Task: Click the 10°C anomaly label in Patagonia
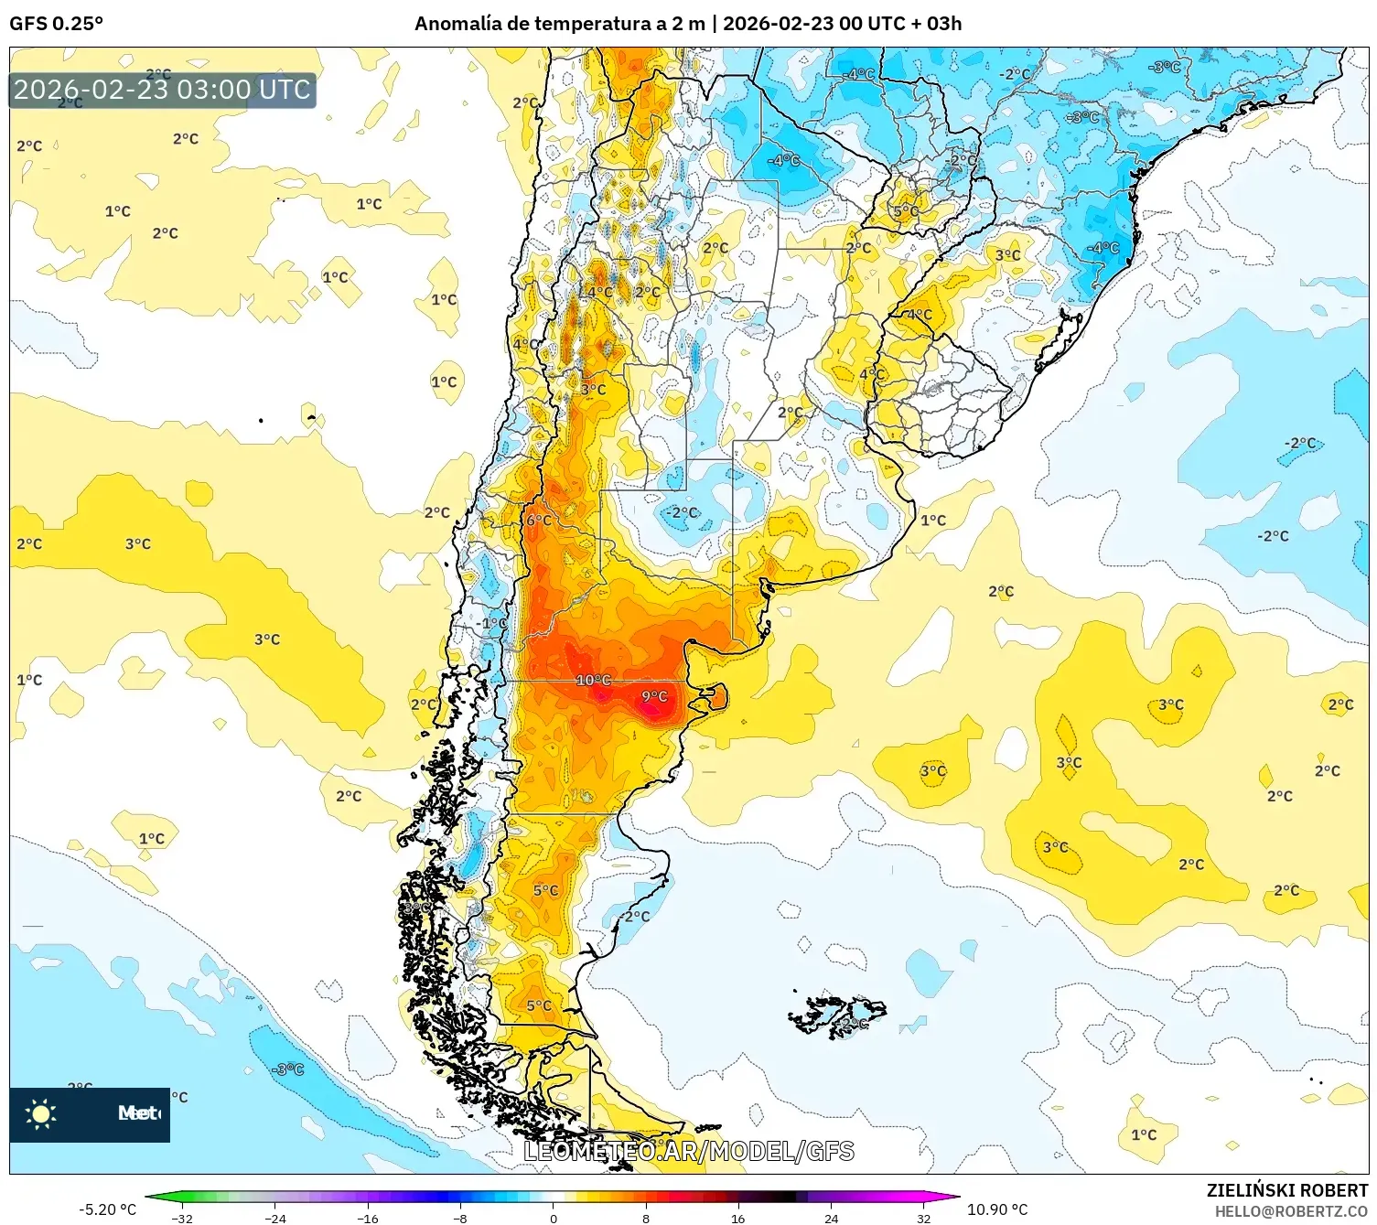pos(593,680)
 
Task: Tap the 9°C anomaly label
pos(654,696)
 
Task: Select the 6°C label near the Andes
pos(539,520)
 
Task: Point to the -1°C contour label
pos(493,623)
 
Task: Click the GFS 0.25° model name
pos(56,24)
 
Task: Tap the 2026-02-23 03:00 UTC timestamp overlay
pos(163,90)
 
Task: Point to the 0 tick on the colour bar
pos(553,1218)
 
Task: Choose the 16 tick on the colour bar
pos(737,1218)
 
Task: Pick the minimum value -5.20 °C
pos(107,1209)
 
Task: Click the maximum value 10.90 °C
pos(997,1209)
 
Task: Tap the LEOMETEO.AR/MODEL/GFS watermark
pos(688,1151)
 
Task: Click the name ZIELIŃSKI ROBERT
pos(1286,1190)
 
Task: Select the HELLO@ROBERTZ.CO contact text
pos(1291,1211)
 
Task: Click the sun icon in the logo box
pos(40,1113)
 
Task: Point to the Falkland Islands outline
pos(837,1015)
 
